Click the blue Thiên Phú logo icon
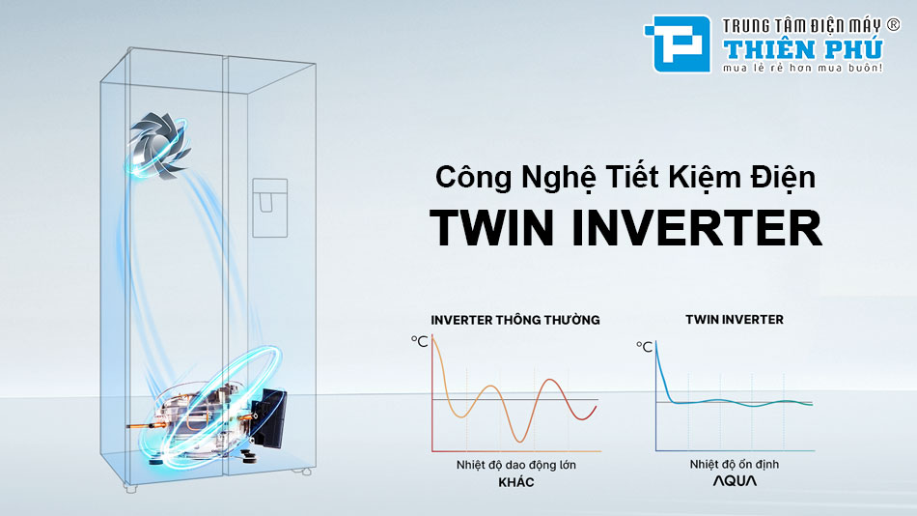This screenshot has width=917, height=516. pyautogui.click(x=678, y=43)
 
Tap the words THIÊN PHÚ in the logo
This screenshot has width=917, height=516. pyautogui.click(x=803, y=49)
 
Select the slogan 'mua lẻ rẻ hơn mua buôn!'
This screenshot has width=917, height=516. pyautogui.click(x=802, y=68)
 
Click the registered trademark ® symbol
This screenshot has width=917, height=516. pyautogui.click(x=894, y=24)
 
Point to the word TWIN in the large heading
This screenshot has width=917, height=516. pyautogui.click(x=491, y=228)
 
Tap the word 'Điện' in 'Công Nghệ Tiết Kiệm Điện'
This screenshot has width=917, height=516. pyautogui.click(x=783, y=178)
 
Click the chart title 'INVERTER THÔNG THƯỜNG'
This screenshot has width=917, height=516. pyautogui.click(x=515, y=320)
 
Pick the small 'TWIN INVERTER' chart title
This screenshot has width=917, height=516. pyautogui.click(x=735, y=319)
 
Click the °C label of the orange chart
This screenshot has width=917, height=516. pyautogui.click(x=419, y=341)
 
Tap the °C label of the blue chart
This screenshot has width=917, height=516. pyautogui.click(x=644, y=347)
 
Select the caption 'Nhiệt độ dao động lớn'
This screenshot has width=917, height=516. pyautogui.click(x=515, y=465)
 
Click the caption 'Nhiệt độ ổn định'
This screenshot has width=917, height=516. pyautogui.click(x=734, y=465)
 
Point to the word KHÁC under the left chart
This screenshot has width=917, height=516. pyautogui.click(x=515, y=482)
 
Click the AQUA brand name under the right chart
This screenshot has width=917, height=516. pyautogui.click(x=735, y=481)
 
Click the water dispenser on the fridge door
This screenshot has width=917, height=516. pyautogui.click(x=269, y=208)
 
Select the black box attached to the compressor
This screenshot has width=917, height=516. pyautogui.click(x=271, y=417)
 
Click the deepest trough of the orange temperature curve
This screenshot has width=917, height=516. pyautogui.click(x=520, y=441)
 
